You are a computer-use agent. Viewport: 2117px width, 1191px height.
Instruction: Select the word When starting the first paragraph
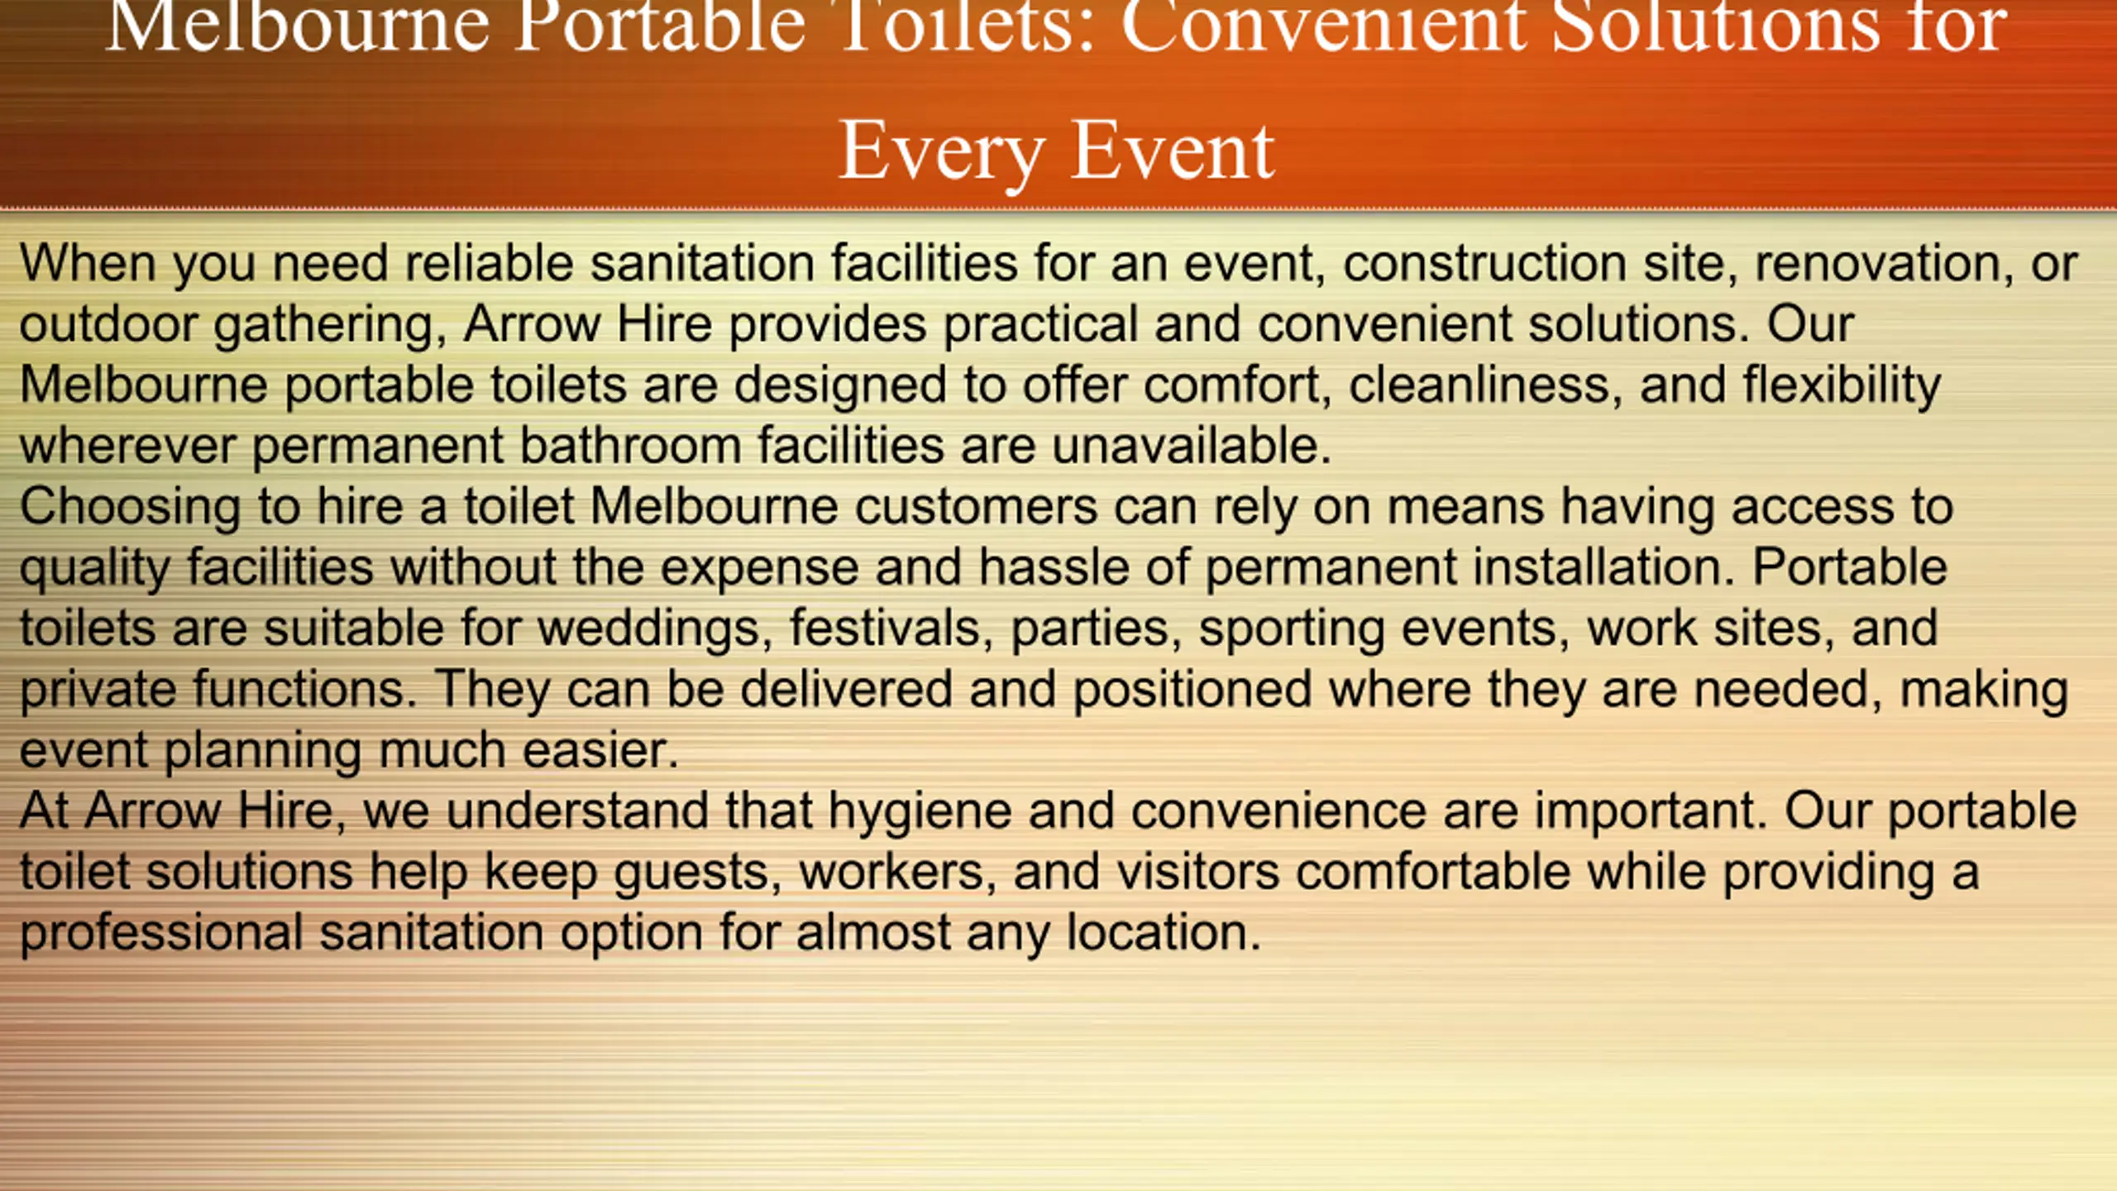coord(88,264)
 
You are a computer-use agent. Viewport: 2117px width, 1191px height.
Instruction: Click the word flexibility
coord(1842,385)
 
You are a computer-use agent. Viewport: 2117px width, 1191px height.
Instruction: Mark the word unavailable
coord(1192,446)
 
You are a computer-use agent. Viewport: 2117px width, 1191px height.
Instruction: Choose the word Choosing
coord(131,507)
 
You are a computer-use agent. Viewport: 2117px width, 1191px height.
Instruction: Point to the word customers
coord(977,507)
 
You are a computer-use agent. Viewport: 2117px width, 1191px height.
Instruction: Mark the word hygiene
coord(920,811)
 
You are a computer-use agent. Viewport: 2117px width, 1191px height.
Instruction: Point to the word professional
coord(162,933)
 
